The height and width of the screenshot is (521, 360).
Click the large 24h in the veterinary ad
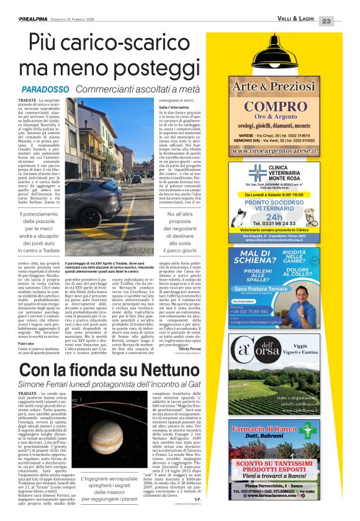(x=284, y=212)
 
